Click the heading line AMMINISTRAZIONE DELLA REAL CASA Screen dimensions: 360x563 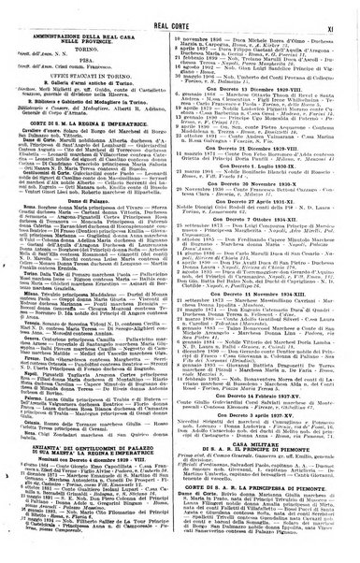click(x=101, y=30)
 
